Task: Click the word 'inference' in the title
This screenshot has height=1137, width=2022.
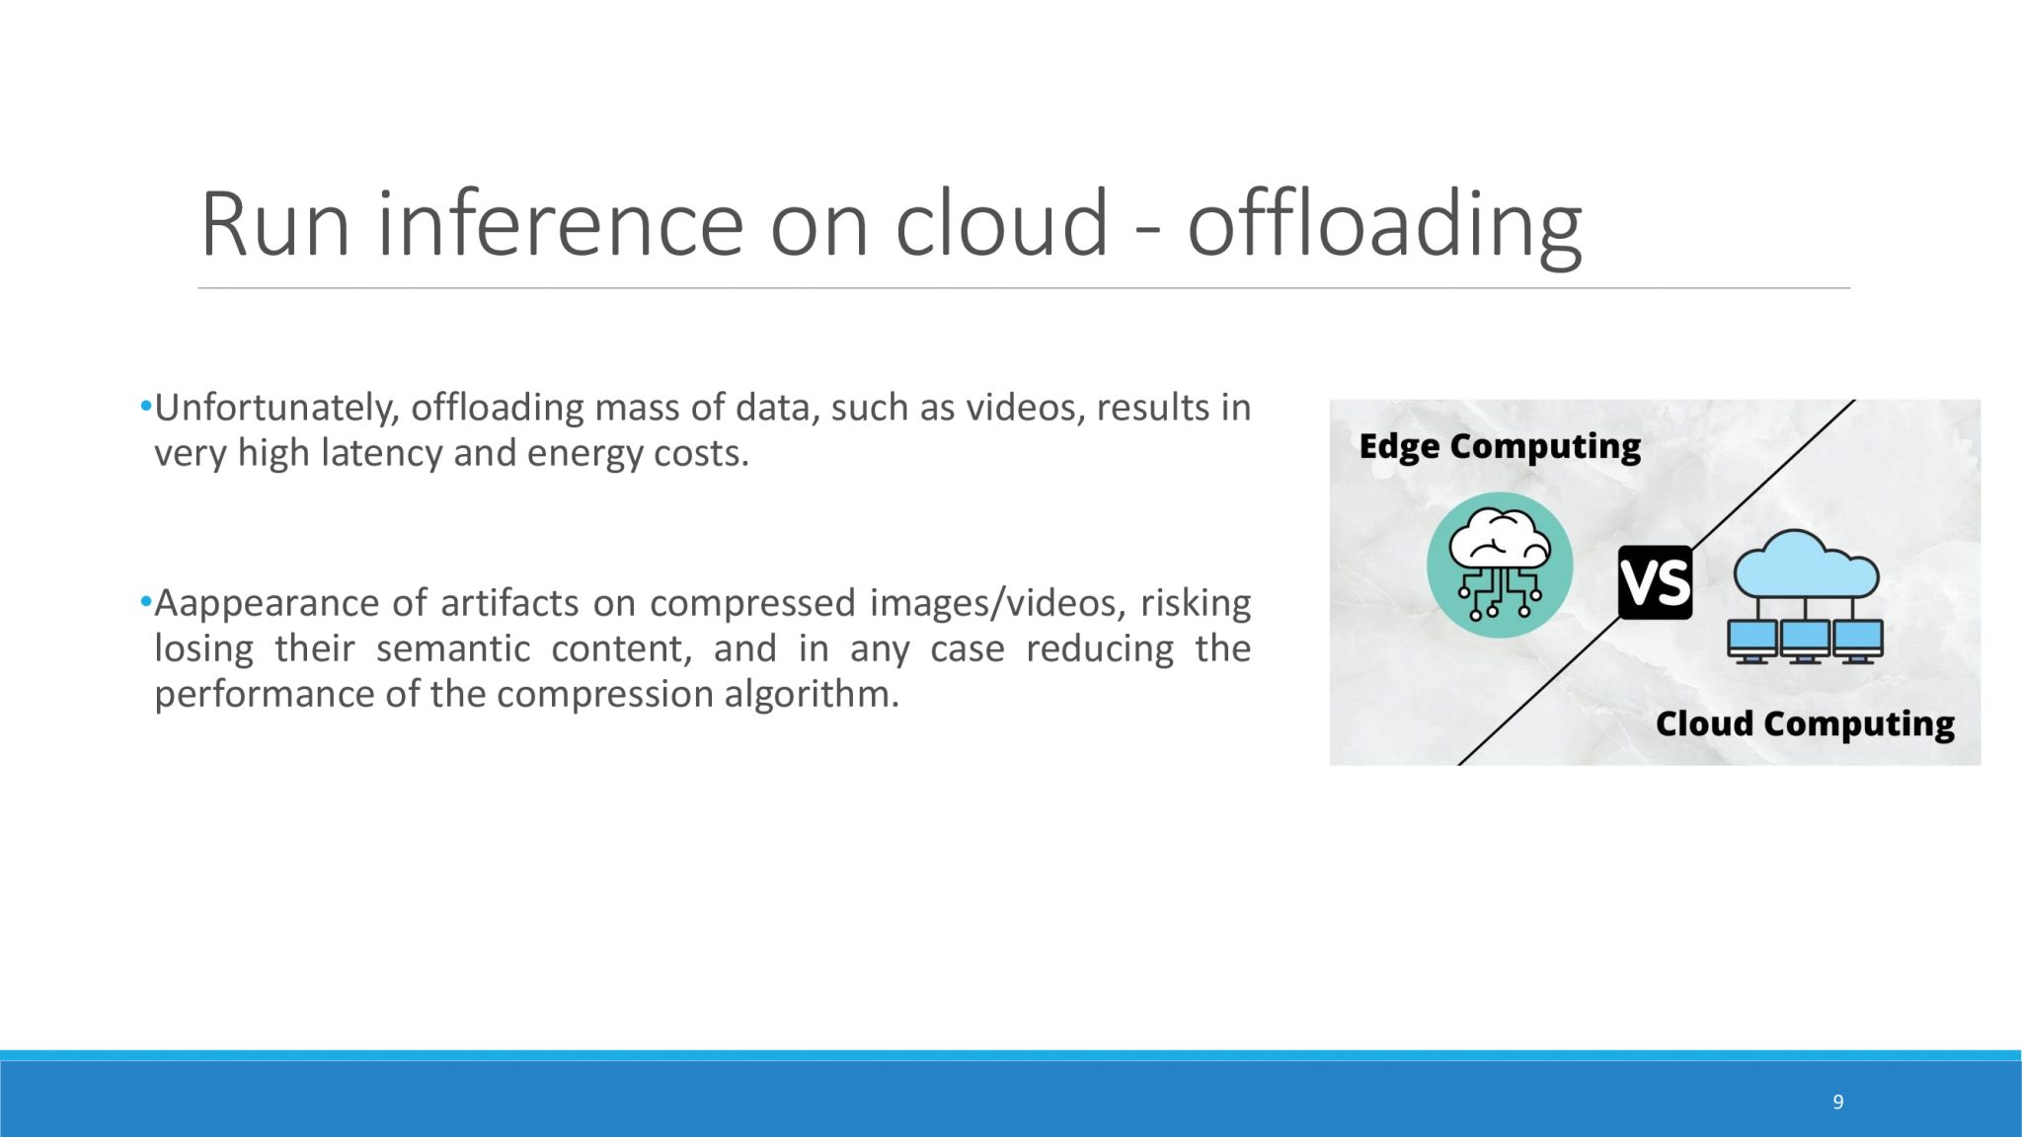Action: (560, 224)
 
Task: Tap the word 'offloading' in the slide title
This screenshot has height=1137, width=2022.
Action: (1384, 226)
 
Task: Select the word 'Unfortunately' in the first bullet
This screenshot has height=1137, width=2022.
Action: (274, 408)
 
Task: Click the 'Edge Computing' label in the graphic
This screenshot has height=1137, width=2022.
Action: (1500, 447)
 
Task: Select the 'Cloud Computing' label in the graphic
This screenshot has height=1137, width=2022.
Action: (1805, 724)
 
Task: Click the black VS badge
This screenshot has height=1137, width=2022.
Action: (1655, 582)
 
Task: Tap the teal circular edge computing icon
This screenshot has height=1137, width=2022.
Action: (1500, 565)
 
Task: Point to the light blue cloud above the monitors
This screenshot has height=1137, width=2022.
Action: (1806, 564)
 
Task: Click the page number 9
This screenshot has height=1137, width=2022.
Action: (1837, 1101)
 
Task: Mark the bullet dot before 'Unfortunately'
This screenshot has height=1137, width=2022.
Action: (146, 406)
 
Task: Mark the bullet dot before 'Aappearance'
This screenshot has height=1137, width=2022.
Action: (146, 601)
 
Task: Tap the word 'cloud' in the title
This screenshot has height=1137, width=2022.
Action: (1001, 224)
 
